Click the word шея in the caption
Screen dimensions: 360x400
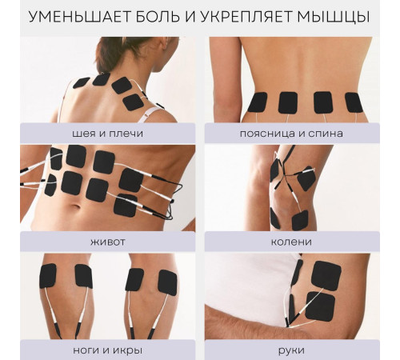click(68, 133)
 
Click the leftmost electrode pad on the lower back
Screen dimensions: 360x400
click(257, 102)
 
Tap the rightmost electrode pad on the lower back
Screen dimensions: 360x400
click(354, 102)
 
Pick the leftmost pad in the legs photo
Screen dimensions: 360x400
click(48, 275)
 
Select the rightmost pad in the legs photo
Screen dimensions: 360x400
click(167, 282)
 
